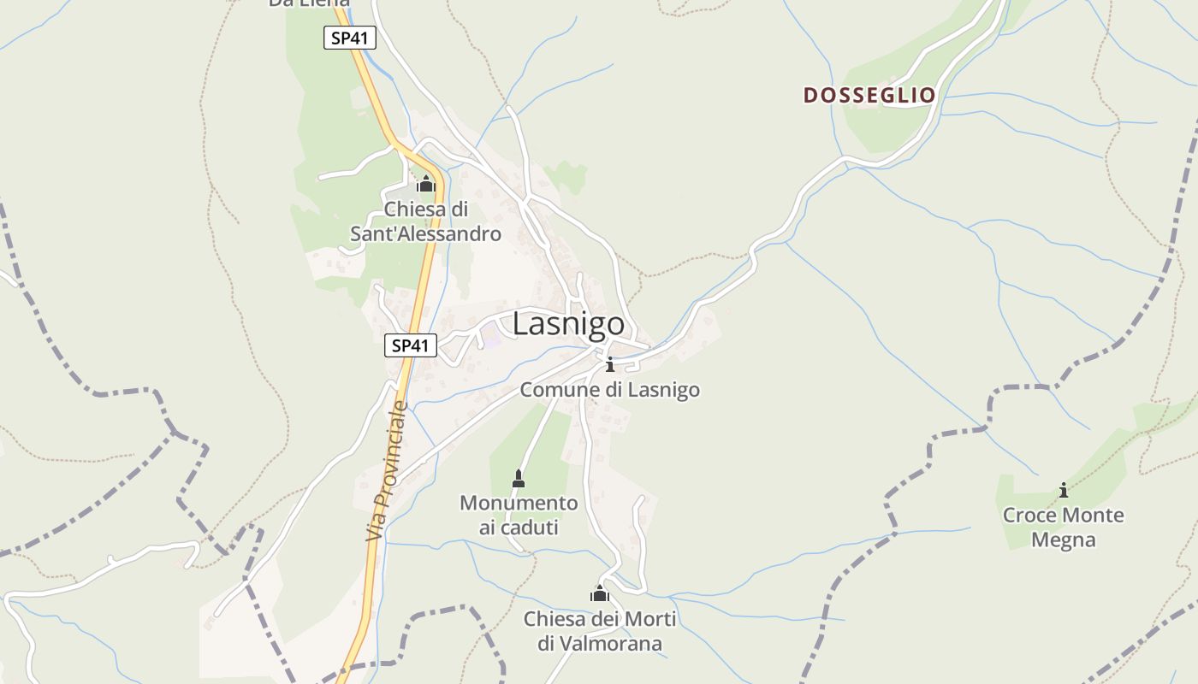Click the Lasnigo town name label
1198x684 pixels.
pyautogui.click(x=568, y=325)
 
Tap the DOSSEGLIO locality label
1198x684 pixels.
pyautogui.click(x=869, y=95)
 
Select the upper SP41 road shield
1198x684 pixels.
pyautogui.click(x=350, y=38)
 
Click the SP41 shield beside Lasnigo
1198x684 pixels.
pyautogui.click(x=411, y=345)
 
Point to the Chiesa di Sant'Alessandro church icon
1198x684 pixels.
pyautogui.click(x=425, y=184)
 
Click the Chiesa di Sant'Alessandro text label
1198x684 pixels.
pyautogui.click(x=425, y=221)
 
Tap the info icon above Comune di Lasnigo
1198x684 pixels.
pyautogui.click(x=609, y=365)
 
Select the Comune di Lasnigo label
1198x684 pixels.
pyautogui.click(x=609, y=390)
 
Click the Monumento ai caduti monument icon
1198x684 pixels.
pyautogui.click(x=518, y=479)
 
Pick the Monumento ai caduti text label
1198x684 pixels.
pyautogui.click(x=519, y=515)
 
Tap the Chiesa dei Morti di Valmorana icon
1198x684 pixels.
pyautogui.click(x=600, y=593)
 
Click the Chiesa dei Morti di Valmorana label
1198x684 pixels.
pyautogui.click(x=600, y=631)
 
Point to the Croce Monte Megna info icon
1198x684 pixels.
pyautogui.click(x=1064, y=490)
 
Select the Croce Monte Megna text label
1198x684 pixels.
pyautogui.click(x=1063, y=528)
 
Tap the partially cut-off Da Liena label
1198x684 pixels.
pyautogui.click(x=308, y=3)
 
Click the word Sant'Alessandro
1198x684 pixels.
pyautogui.click(x=425, y=233)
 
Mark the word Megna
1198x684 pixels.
pyautogui.click(x=1063, y=540)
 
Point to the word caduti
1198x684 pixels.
pyautogui.click(x=519, y=528)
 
